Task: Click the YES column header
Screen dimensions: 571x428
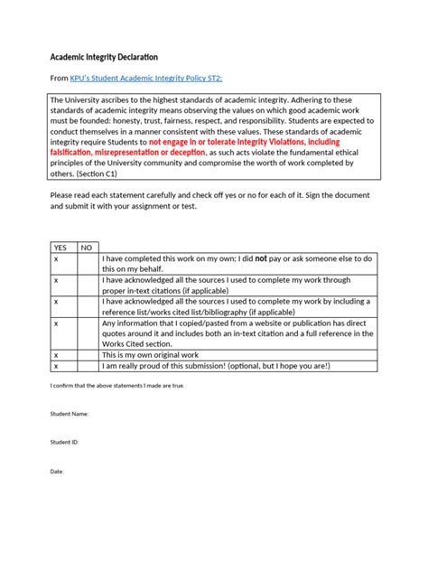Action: [x=60, y=247]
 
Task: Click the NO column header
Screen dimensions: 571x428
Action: [x=87, y=247]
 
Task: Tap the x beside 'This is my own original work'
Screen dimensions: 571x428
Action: [x=56, y=355]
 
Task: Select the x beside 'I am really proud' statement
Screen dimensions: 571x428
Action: [x=56, y=366]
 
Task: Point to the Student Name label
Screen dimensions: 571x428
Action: [x=70, y=414]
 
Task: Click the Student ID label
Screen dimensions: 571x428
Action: [x=64, y=443]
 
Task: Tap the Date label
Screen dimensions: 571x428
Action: [x=57, y=472]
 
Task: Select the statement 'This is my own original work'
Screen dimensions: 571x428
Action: [x=155, y=355]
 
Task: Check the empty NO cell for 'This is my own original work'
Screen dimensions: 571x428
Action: [x=87, y=355]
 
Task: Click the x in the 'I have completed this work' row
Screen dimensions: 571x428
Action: [x=56, y=257]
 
